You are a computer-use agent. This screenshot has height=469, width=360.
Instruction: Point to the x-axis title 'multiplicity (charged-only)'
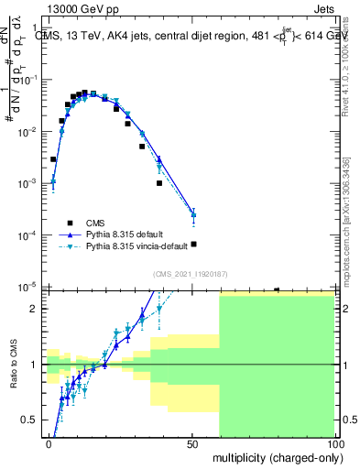tap(274, 456)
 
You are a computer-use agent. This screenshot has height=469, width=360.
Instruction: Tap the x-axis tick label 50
tap(191, 444)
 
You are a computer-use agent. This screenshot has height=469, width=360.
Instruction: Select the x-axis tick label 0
tap(49, 444)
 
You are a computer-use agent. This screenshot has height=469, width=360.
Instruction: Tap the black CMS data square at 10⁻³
tap(159, 183)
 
